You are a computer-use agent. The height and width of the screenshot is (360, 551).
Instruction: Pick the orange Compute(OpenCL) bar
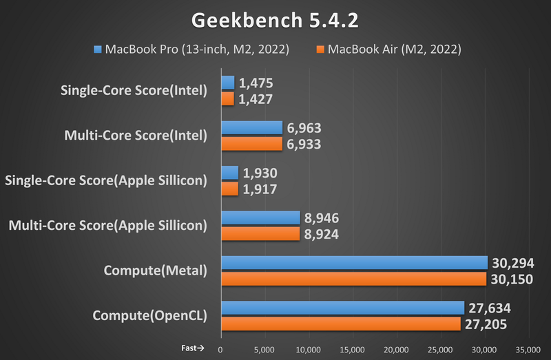(x=340, y=324)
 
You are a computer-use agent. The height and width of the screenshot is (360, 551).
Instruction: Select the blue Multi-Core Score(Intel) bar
(x=251, y=128)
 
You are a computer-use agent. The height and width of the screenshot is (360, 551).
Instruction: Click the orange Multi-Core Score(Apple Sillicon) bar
(x=260, y=233)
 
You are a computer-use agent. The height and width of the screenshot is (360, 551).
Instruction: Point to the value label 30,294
(x=513, y=263)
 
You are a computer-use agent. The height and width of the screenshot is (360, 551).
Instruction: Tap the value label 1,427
(x=256, y=99)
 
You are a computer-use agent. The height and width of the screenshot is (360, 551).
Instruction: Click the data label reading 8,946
(x=322, y=218)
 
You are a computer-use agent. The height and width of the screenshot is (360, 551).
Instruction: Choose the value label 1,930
(x=260, y=173)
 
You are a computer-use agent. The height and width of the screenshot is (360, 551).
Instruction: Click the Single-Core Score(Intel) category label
(x=134, y=90)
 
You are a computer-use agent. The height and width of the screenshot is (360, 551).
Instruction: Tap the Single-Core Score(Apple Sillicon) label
(x=105, y=180)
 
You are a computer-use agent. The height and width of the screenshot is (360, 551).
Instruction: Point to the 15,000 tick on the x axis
(x=352, y=349)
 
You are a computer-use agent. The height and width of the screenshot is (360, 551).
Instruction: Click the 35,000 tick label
(x=528, y=349)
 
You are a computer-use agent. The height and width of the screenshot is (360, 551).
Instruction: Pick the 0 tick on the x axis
(x=220, y=349)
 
